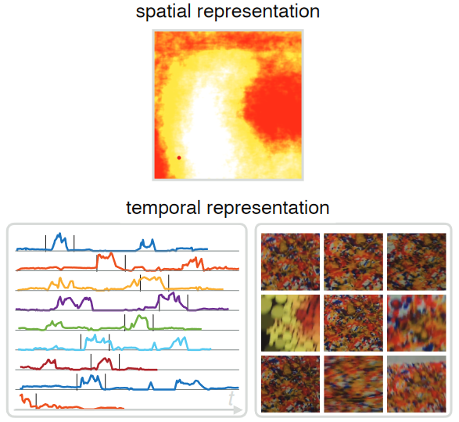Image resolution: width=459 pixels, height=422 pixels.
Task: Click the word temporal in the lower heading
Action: point(163,209)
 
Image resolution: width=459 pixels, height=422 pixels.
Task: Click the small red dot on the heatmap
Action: point(179,158)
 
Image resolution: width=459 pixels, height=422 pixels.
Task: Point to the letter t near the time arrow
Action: point(231,398)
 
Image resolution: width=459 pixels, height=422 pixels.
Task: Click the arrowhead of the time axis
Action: point(238,409)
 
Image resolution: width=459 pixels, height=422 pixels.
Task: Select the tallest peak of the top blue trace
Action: point(60,234)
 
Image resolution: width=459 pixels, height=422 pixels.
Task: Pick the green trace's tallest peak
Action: point(140,316)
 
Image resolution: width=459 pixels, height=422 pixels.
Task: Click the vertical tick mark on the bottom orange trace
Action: point(36,401)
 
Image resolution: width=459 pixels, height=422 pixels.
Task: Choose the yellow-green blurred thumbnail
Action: point(290,323)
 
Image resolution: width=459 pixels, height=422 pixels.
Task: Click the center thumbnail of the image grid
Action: point(353,323)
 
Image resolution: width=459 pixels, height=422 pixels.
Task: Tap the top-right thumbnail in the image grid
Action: point(417,262)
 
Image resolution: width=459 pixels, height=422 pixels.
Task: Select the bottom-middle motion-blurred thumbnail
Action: point(353,384)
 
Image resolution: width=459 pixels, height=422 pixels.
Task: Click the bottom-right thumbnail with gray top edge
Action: point(417,384)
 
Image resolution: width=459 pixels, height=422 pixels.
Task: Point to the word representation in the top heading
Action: point(258,12)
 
